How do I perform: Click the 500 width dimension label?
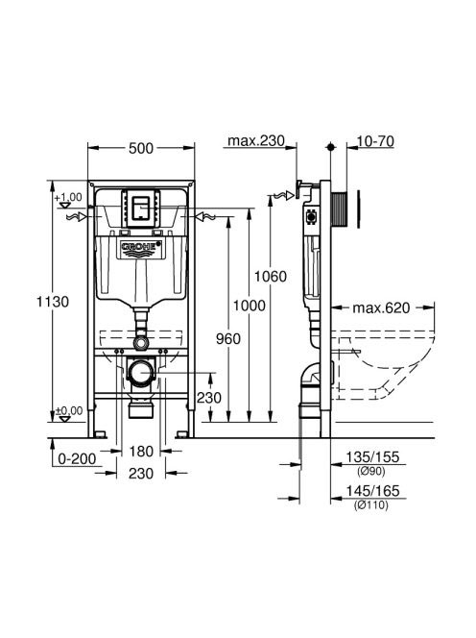coord(141,149)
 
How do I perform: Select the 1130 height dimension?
coord(53,302)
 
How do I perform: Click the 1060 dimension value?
coord(271,277)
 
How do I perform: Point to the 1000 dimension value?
coord(249,306)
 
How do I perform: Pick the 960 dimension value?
coord(228,339)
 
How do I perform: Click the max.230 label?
coord(256,141)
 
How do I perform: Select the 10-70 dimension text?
coord(375,141)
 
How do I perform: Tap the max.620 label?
coord(381,308)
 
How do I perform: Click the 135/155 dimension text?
coord(372,457)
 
